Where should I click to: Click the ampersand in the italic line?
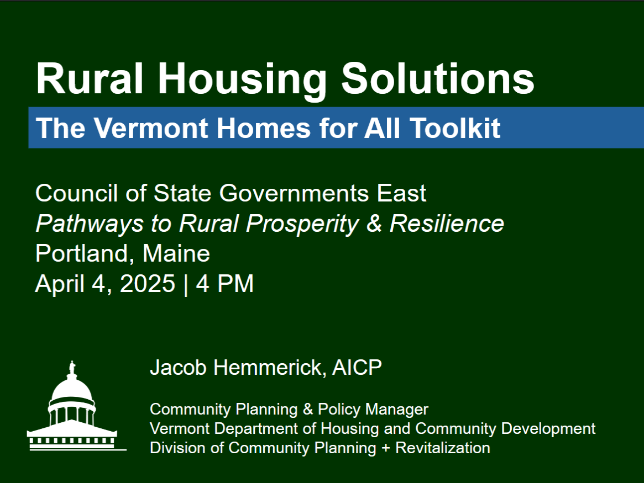click(374, 224)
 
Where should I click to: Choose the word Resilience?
click(447, 224)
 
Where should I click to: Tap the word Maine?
click(176, 253)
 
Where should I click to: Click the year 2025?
click(148, 284)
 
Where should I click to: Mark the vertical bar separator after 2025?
click(186, 284)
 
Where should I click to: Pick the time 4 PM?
click(224, 284)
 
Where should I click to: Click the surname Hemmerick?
click(270, 368)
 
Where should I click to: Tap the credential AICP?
click(357, 368)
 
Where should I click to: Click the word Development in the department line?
click(548, 428)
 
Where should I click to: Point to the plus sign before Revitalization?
click(386, 448)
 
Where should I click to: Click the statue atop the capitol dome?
click(72, 368)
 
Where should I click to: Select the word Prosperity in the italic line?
click(302, 224)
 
